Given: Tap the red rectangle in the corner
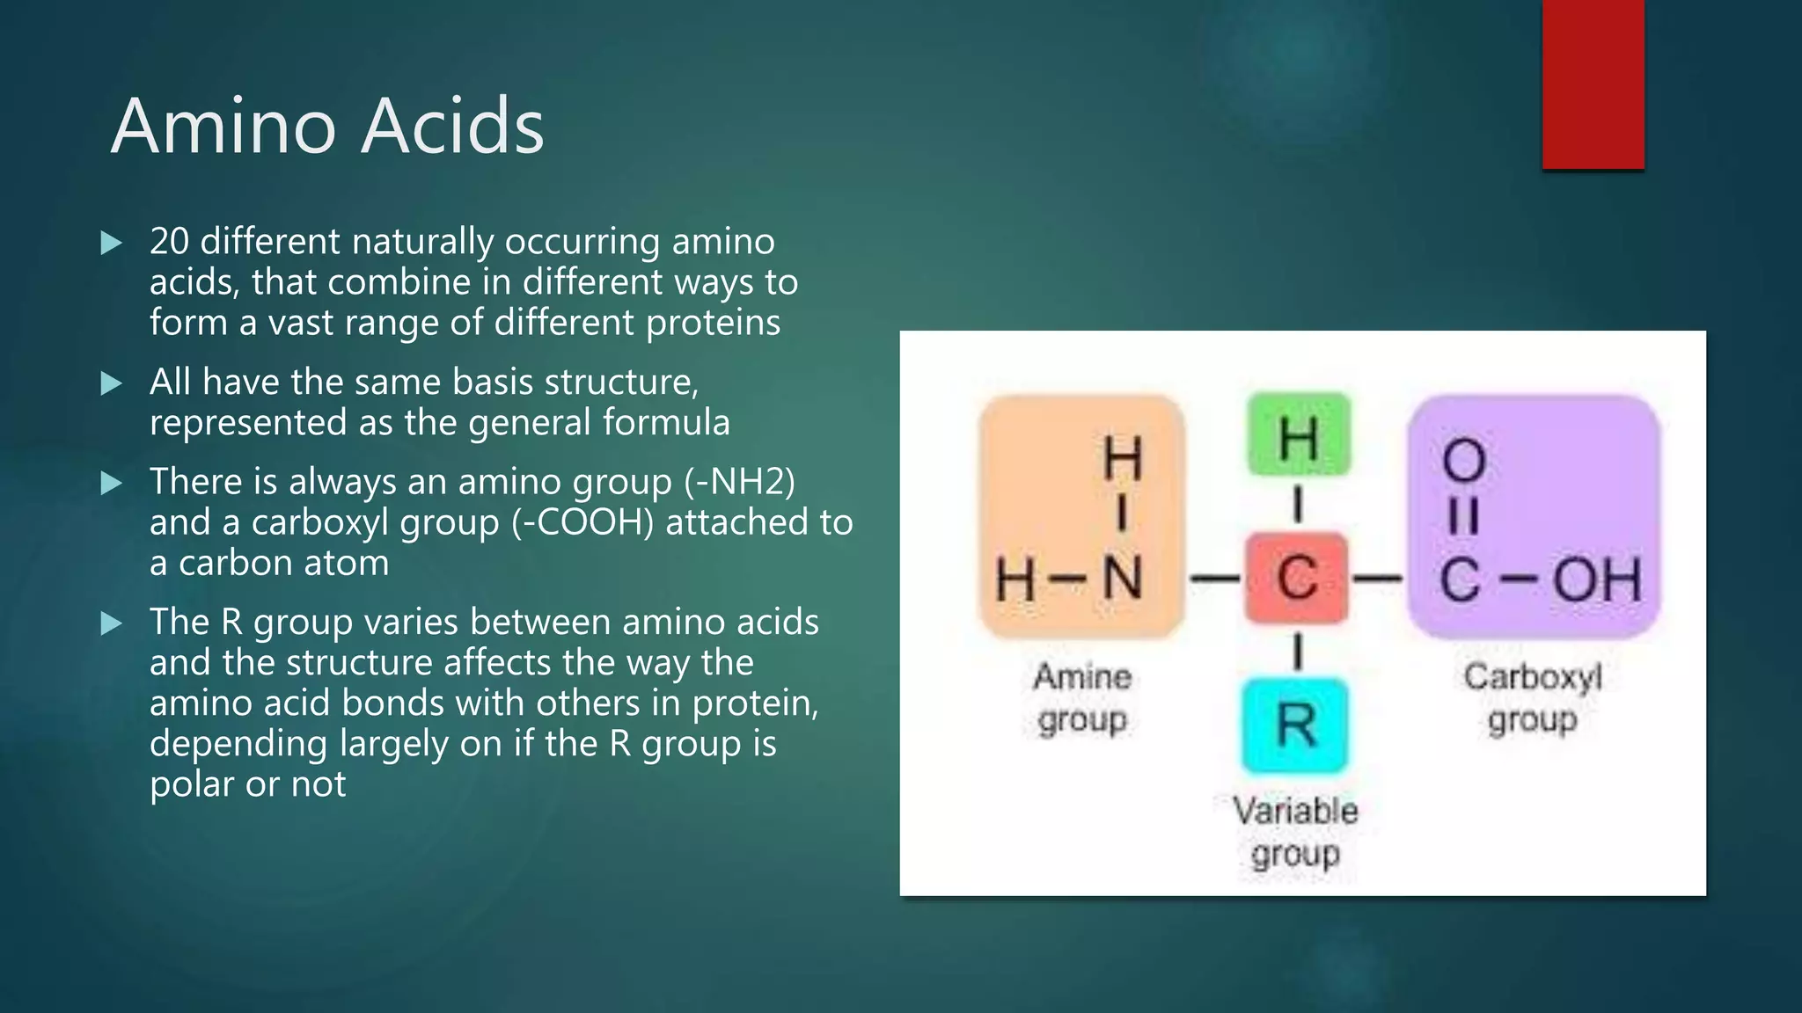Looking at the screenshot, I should pyautogui.click(x=1593, y=84).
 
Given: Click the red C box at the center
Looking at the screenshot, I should pyautogui.click(x=1297, y=579).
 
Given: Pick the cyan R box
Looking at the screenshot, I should pyautogui.click(x=1295, y=725).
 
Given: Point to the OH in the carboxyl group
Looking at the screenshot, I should pyautogui.click(x=1597, y=580).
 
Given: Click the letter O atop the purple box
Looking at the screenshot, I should pyautogui.click(x=1464, y=460).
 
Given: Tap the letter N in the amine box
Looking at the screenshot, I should pyautogui.click(x=1123, y=579).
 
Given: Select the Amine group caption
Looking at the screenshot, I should pyautogui.click(x=1082, y=697).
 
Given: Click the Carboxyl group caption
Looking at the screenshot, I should pyautogui.click(x=1533, y=697).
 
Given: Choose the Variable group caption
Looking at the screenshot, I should pyautogui.click(x=1295, y=831).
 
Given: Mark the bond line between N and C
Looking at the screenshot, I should pyautogui.click(x=1214, y=579).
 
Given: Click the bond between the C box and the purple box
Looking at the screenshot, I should pyautogui.click(x=1377, y=579).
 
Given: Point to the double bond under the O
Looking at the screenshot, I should pyautogui.click(x=1463, y=517).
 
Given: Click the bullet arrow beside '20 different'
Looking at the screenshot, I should pyautogui.click(x=112, y=243).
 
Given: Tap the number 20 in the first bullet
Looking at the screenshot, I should pyautogui.click(x=169, y=242).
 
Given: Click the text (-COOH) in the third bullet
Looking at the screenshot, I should pyautogui.click(x=582, y=522).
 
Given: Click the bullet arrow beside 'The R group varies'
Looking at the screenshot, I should pyautogui.click(x=112, y=623).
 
